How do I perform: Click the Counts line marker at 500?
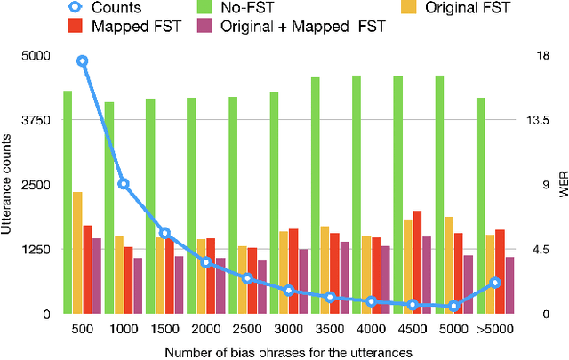[x=82, y=61]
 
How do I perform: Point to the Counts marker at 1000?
[x=124, y=184]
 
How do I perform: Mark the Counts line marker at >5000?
[x=495, y=283]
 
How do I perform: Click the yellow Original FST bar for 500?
[x=77, y=252]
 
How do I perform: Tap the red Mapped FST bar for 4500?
[x=417, y=262]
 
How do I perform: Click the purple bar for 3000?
[x=303, y=281]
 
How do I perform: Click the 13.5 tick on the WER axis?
[x=538, y=121]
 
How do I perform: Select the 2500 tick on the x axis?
[x=246, y=329]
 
